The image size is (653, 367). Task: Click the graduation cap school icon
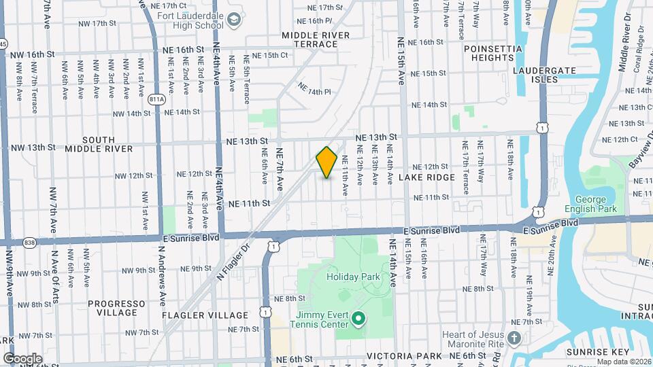[x=234, y=20]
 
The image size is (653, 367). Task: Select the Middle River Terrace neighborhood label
[x=316, y=39]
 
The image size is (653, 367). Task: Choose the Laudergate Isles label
[x=545, y=75]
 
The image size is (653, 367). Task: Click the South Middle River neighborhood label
[x=99, y=144]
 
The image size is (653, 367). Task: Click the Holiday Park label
[x=351, y=277]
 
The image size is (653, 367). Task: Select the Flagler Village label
[x=205, y=315]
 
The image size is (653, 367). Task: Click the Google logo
[x=22, y=358]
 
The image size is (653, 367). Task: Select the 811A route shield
[x=156, y=99]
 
